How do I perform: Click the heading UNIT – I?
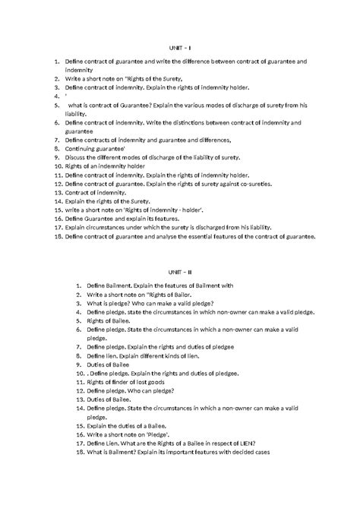(x=180, y=47)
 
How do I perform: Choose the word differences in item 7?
(x=217, y=140)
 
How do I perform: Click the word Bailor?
(x=178, y=292)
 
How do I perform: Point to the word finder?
(x=117, y=382)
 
